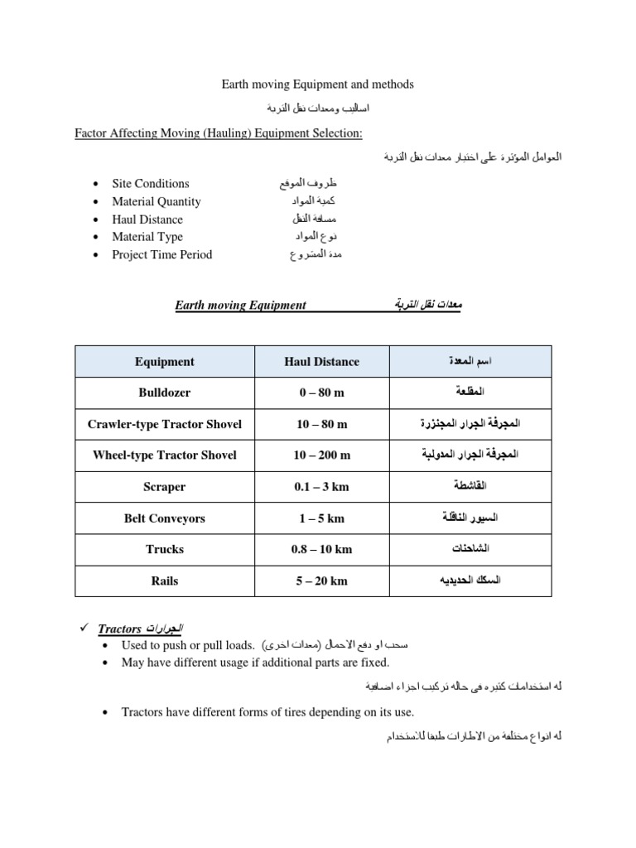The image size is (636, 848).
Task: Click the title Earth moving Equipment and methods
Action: pyautogui.click(x=317, y=84)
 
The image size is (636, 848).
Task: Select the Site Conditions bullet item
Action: pyautogui.click(x=150, y=184)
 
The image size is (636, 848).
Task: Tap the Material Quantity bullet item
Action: pyautogui.click(x=156, y=201)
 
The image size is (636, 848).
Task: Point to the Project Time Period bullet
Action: pyautogui.click(x=161, y=254)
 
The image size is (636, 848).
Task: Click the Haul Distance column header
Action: pyautogui.click(x=321, y=361)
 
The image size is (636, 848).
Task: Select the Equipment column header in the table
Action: pyautogui.click(x=165, y=361)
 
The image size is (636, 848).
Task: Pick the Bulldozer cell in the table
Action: pyautogui.click(x=165, y=393)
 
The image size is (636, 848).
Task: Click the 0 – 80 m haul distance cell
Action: pyautogui.click(x=321, y=393)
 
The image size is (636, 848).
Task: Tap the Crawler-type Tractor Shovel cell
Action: pyautogui.click(x=165, y=424)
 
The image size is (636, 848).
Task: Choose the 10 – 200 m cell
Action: pyautogui.click(x=321, y=455)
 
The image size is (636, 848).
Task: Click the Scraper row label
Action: pyautogui.click(x=165, y=487)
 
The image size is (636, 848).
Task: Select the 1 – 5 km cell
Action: pyautogui.click(x=321, y=518)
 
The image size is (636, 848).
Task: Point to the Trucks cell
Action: pyautogui.click(x=165, y=549)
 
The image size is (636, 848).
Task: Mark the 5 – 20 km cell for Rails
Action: pyautogui.click(x=321, y=581)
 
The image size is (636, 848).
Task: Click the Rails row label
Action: pyautogui.click(x=165, y=581)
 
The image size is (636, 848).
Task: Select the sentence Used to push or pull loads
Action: pyautogui.click(x=187, y=644)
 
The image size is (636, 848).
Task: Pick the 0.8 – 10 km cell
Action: pyautogui.click(x=321, y=549)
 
